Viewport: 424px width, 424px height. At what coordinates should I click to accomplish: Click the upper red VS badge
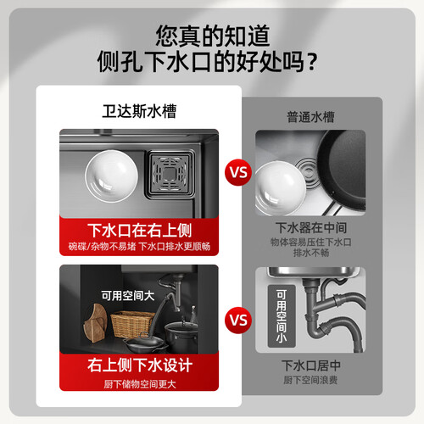coord(238,172)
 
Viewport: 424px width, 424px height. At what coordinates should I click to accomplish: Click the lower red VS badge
coord(238,321)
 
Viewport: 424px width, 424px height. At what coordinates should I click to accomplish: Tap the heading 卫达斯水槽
coord(139,111)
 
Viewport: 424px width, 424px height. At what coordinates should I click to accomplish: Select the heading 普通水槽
coord(310,117)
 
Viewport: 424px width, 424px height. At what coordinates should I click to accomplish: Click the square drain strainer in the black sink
coord(170,174)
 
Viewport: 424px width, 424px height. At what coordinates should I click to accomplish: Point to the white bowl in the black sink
coord(111,176)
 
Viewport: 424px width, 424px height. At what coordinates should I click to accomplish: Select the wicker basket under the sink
coord(131,324)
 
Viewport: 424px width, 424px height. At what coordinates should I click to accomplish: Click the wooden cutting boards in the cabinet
coord(95,323)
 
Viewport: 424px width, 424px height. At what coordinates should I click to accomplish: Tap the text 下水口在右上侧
coord(139,231)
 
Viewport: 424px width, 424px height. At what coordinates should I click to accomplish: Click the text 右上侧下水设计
coord(140,365)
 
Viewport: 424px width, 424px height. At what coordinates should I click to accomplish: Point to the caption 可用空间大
coord(128,296)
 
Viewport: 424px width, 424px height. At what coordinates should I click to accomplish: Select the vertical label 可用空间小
coord(282,316)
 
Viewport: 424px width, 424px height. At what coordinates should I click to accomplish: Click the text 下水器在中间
coord(311,227)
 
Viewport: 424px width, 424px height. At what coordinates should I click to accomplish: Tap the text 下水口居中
coord(310,365)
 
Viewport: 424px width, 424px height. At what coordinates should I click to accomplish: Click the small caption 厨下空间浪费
coord(310,380)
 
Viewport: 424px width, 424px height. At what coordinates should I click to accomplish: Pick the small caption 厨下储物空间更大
coord(140,384)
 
